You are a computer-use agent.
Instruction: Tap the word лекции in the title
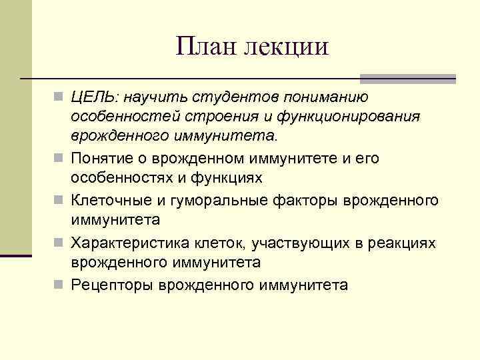pos(287,47)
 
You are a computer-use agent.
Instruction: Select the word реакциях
pos(403,243)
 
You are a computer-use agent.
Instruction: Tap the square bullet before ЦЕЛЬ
pos(59,98)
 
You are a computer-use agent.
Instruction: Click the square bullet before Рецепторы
pos(59,285)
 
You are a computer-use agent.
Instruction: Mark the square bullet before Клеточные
pos(59,201)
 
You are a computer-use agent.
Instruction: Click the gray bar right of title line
pos(407,79)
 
